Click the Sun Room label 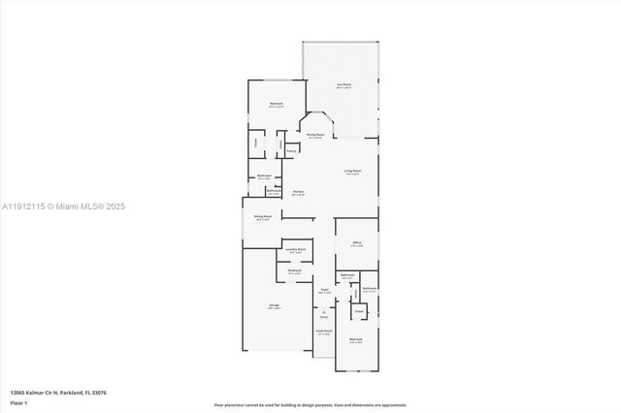click(343, 84)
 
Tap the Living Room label click(351, 172)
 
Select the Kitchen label click(299, 192)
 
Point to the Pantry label click(290, 150)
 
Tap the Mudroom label click(294, 270)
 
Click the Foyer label click(325, 289)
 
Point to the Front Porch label click(323, 332)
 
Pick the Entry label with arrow click(324, 314)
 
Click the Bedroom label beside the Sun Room click(277, 105)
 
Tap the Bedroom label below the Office click(356, 339)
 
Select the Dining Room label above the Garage click(262, 217)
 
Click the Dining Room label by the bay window click(315, 136)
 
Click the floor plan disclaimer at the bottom click(310, 404)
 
